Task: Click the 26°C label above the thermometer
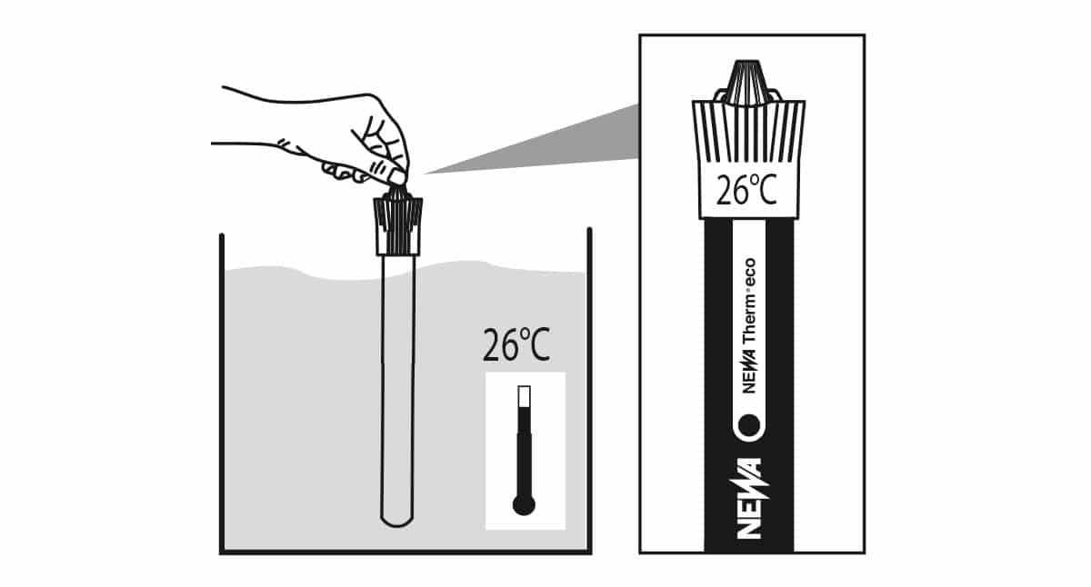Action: click(x=515, y=346)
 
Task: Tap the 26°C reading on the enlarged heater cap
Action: click(x=747, y=193)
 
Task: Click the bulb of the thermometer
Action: click(x=524, y=505)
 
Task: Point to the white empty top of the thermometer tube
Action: click(x=524, y=396)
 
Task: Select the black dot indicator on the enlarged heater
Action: click(x=749, y=424)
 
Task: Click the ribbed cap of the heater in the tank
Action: click(x=397, y=225)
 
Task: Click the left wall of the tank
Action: click(x=222, y=391)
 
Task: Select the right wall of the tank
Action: click(x=589, y=391)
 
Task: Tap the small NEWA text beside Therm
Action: click(x=749, y=373)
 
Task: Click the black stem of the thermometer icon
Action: click(x=524, y=454)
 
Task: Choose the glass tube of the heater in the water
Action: click(x=397, y=382)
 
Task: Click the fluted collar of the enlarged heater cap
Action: click(x=747, y=132)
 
